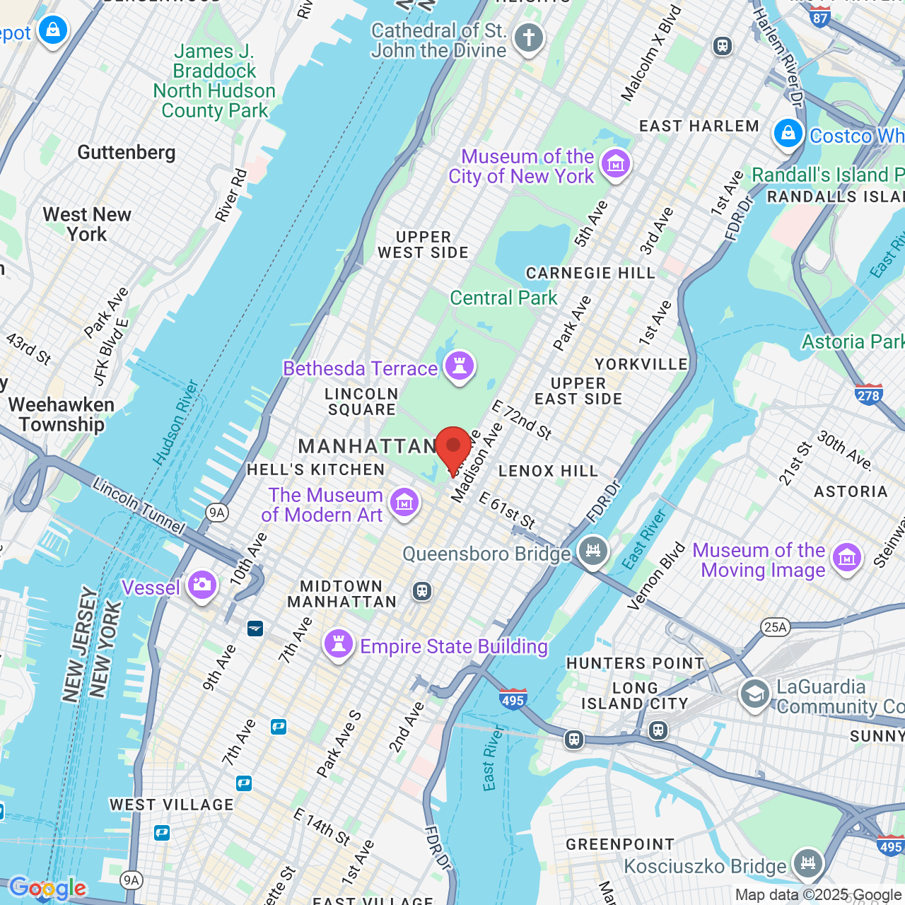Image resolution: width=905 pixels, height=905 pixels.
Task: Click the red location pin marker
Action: (x=453, y=448)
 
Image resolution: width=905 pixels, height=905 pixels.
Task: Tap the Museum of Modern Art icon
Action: (x=404, y=503)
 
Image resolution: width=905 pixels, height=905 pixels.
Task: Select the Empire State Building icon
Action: (x=339, y=645)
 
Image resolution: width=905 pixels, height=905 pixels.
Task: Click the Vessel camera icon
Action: (x=202, y=585)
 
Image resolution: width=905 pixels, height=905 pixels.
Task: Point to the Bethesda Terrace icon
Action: (x=460, y=367)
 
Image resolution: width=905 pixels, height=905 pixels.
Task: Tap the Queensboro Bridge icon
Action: (x=592, y=551)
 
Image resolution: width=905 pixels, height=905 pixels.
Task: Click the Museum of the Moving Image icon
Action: (x=846, y=559)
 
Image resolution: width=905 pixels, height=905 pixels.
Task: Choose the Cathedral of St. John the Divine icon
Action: (x=528, y=38)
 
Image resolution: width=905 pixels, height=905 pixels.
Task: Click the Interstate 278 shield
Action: (x=868, y=395)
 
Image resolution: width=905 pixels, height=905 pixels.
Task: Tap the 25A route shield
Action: (x=775, y=627)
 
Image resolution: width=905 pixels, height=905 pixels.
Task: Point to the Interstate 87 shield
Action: (x=820, y=18)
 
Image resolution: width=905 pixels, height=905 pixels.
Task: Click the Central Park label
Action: (x=503, y=298)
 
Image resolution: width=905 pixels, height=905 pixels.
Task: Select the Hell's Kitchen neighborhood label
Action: (x=315, y=469)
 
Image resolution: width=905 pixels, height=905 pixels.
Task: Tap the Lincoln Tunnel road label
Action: (x=139, y=506)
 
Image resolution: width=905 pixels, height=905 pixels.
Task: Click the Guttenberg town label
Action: (x=127, y=153)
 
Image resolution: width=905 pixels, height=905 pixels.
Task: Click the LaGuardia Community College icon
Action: (x=754, y=694)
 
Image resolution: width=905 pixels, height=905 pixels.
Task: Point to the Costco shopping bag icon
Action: (x=788, y=134)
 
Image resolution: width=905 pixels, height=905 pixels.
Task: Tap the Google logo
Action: (x=47, y=888)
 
